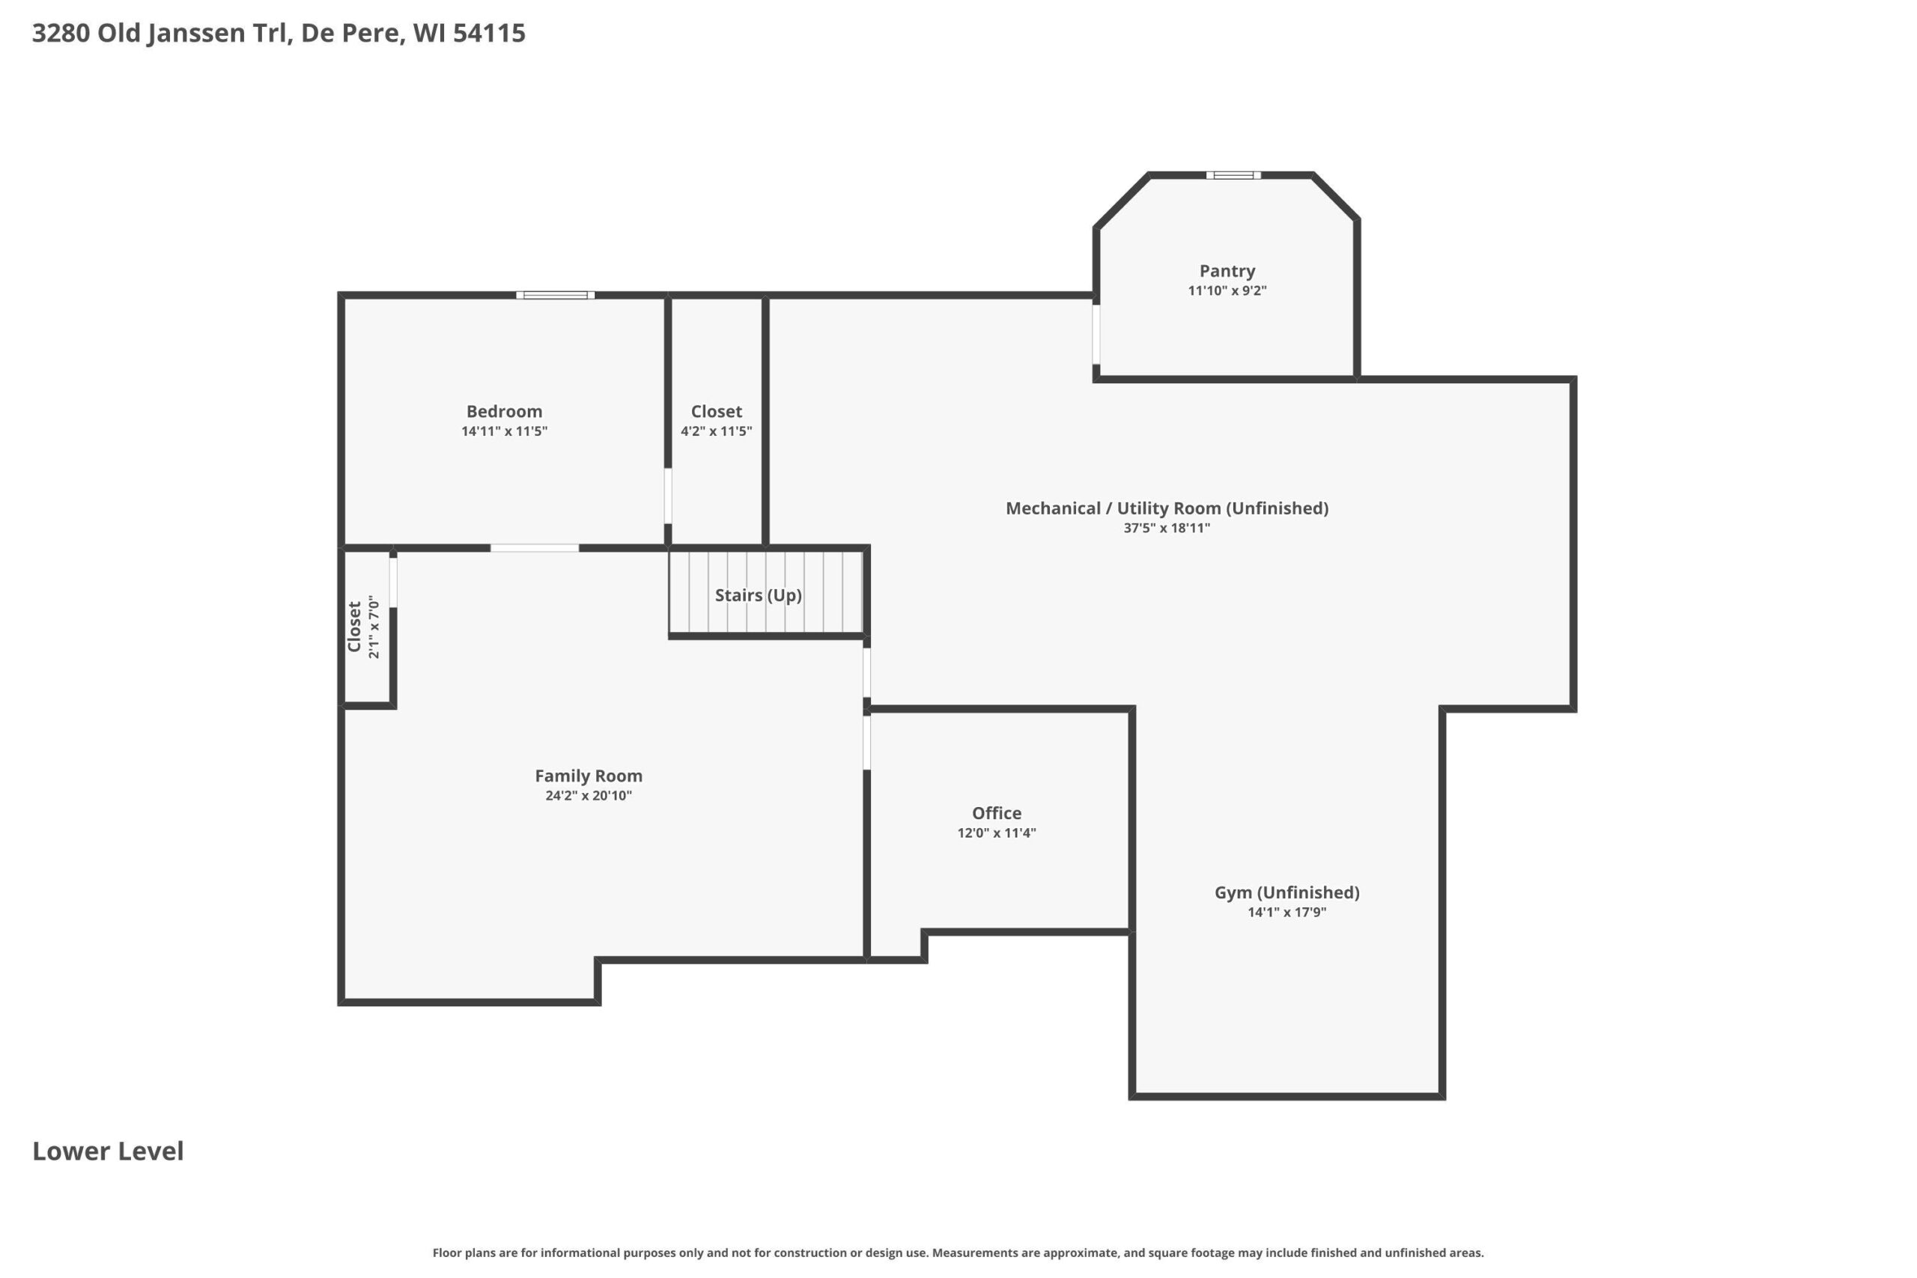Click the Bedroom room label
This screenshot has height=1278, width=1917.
[504, 412]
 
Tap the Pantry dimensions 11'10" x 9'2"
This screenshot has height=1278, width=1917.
[1227, 291]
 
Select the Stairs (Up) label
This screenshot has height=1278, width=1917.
[758, 595]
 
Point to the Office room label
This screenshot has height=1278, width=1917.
[996, 812]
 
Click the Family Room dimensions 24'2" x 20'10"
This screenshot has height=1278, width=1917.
[589, 796]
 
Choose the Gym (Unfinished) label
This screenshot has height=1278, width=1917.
[1287, 892]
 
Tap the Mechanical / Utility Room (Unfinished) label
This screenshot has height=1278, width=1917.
[1167, 508]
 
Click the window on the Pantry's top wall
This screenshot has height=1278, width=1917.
[1233, 175]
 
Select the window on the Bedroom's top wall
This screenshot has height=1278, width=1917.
[555, 295]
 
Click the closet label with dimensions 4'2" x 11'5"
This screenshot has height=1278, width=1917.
[717, 412]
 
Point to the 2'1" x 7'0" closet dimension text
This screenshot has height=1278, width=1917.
[374, 627]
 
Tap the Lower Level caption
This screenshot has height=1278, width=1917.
[109, 1151]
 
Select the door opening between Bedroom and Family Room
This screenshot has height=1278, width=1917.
[535, 548]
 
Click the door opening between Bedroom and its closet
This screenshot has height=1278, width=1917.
[667, 496]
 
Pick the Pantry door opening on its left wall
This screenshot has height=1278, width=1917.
[1096, 334]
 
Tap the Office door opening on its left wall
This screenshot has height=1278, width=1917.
[866, 742]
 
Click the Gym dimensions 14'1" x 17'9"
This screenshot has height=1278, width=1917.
[1287, 912]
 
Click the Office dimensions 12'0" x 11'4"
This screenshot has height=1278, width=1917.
[996, 833]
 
